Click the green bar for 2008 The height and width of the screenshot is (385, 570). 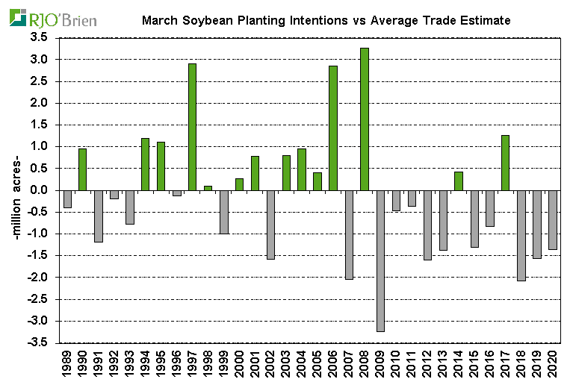[365, 119]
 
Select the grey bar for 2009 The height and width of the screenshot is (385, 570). [380, 260]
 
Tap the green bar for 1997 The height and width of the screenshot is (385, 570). [192, 127]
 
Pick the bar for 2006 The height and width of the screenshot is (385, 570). [333, 128]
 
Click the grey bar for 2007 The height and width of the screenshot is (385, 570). [349, 234]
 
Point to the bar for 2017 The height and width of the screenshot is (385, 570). [506, 163]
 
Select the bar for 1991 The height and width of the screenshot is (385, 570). [98, 216]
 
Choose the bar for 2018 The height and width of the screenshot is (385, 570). [521, 235]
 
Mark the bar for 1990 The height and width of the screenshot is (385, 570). [82, 169]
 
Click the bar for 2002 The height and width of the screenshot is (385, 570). [270, 225]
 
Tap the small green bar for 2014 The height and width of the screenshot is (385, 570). [459, 181]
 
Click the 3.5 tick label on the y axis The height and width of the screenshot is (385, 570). [39, 37]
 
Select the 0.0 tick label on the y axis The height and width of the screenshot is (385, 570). [39, 190]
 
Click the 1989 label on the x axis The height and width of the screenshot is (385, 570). [67, 363]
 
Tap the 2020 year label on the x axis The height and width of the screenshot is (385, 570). [554, 363]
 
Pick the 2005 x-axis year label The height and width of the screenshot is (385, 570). [318, 363]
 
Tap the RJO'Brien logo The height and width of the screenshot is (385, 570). [52, 18]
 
